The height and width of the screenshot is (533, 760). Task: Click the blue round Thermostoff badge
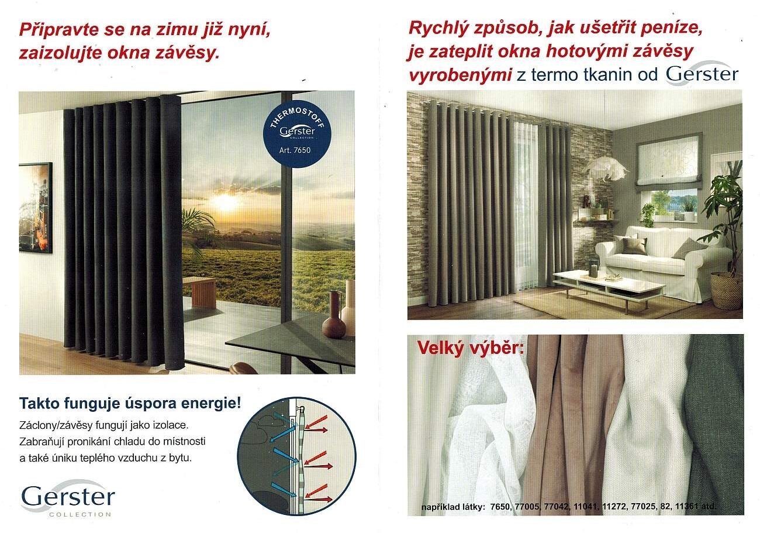[297, 134]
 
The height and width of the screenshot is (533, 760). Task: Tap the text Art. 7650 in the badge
[295, 150]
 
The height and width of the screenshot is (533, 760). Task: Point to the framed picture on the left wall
[35, 208]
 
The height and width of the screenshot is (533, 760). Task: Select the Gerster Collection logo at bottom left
[68, 498]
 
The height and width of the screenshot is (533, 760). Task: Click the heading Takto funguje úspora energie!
[130, 403]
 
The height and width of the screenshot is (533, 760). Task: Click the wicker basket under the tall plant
[727, 290]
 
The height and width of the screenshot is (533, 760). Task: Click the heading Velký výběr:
[470, 348]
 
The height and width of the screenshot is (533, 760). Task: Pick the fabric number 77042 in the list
[556, 507]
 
